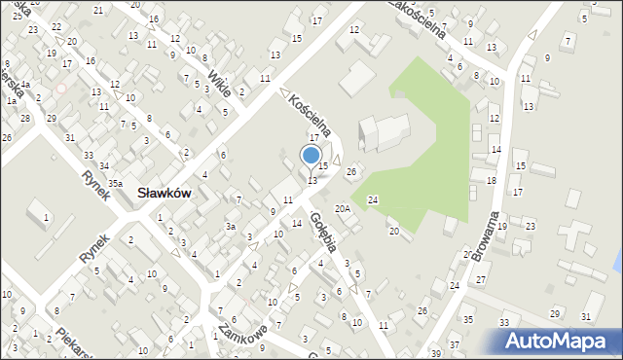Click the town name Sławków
(164, 194)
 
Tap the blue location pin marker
(311, 156)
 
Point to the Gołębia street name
(323, 230)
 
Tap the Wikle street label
(219, 83)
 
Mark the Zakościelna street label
(417, 18)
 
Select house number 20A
(342, 209)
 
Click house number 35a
(115, 183)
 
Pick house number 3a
(231, 226)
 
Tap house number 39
(435, 351)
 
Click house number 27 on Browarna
(480, 280)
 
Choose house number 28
(25, 118)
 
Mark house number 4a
(26, 85)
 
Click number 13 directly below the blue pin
(312, 180)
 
